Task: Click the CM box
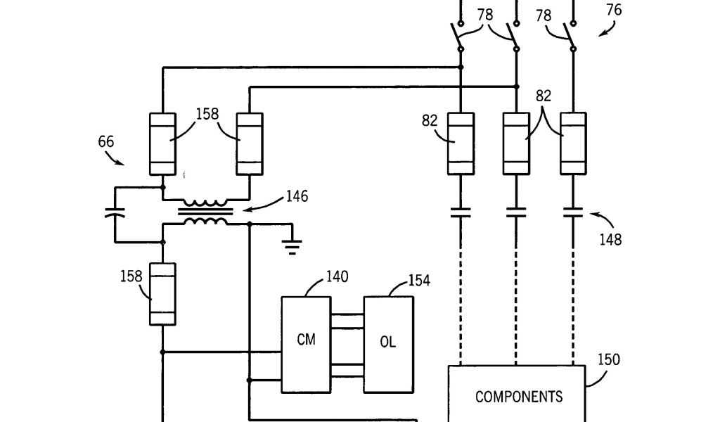(306, 344)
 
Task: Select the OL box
(388, 344)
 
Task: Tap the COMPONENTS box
(518, 394)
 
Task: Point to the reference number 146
(296, 197)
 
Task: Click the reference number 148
(610, 240)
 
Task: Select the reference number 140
(337, 277)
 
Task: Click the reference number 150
(609, 360)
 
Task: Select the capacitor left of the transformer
(115, 213)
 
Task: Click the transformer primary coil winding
(205, 203)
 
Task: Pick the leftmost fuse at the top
(163, 144)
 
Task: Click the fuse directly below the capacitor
(163, 293)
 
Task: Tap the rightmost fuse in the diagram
(573, 143)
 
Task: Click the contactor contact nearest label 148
(573, 212)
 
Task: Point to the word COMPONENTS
(519, 397)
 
